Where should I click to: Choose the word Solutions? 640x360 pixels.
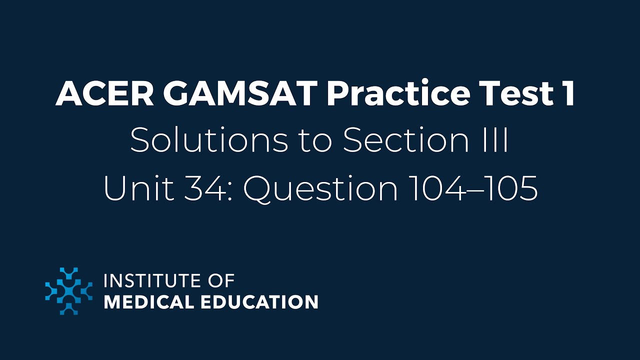209,141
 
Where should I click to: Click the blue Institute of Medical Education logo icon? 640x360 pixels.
69,291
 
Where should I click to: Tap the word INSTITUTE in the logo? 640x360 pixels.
149,281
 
